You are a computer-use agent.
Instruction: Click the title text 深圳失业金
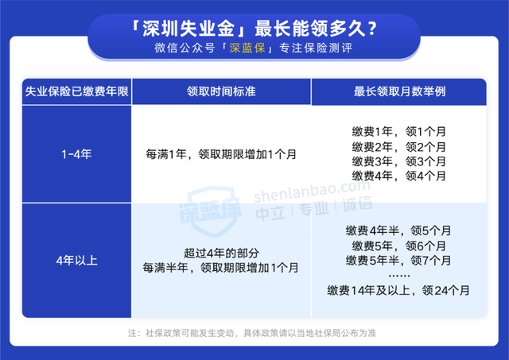pyautogui.click(x=188, y=29)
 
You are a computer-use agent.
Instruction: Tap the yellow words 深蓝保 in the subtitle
pyautogui.click(x=247, y=48)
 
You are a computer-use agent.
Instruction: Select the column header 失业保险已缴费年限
pyautogui.click(x=76, y=91)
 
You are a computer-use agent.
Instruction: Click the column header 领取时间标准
pyautogui.click(x=221, y=91)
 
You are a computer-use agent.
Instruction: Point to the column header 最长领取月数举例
pyautogui.click(x=399, y=91)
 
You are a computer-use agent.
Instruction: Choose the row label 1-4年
pyautogui.click(x=76, y=154)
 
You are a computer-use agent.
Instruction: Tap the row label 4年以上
pyautogui.click(x=76, y=261)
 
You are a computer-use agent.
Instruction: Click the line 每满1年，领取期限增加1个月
pyautogui.click(x=221, y=154)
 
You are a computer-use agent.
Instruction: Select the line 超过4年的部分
pyautogui.click(x=221, y=253)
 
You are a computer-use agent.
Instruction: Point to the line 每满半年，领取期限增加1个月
pyautogui.click(x=221, y=268)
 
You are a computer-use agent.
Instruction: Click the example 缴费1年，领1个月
pyautogui.click(x=399, y=132)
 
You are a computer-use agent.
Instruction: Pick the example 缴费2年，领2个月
pyautogui.click(x=399, y=147)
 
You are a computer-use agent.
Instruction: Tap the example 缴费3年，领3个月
pyautogui.click(x=399, y=161)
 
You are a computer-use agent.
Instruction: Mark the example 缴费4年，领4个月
pyautogui.click(x=399, y=176)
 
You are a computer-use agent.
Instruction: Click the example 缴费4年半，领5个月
pyautogui.click(x=398, y=230)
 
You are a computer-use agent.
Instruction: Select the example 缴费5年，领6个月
pyautogui.click(x=399, y=246)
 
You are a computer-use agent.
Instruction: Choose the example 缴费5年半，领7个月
pyautogui.click(x=398, y=260)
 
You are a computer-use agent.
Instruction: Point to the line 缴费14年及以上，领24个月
pyautogui.click(x=398, y=290)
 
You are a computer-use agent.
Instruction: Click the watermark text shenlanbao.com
pyautogui.click(x=312, y=191)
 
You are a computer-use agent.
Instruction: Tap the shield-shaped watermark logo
pyautogui.click(x=211, y=210)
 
